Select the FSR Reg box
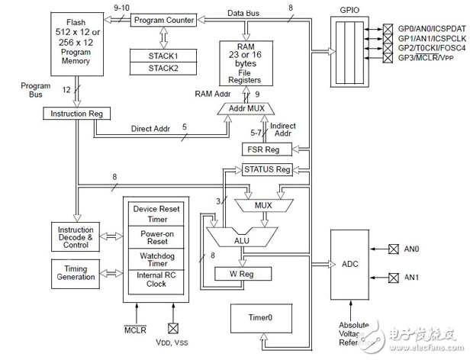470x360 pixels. tap(266, 149)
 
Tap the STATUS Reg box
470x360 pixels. tap(266, 169)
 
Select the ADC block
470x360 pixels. tap(349, 263)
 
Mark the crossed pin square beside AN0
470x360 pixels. tap(394, 249)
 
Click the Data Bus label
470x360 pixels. tap(246, 14)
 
